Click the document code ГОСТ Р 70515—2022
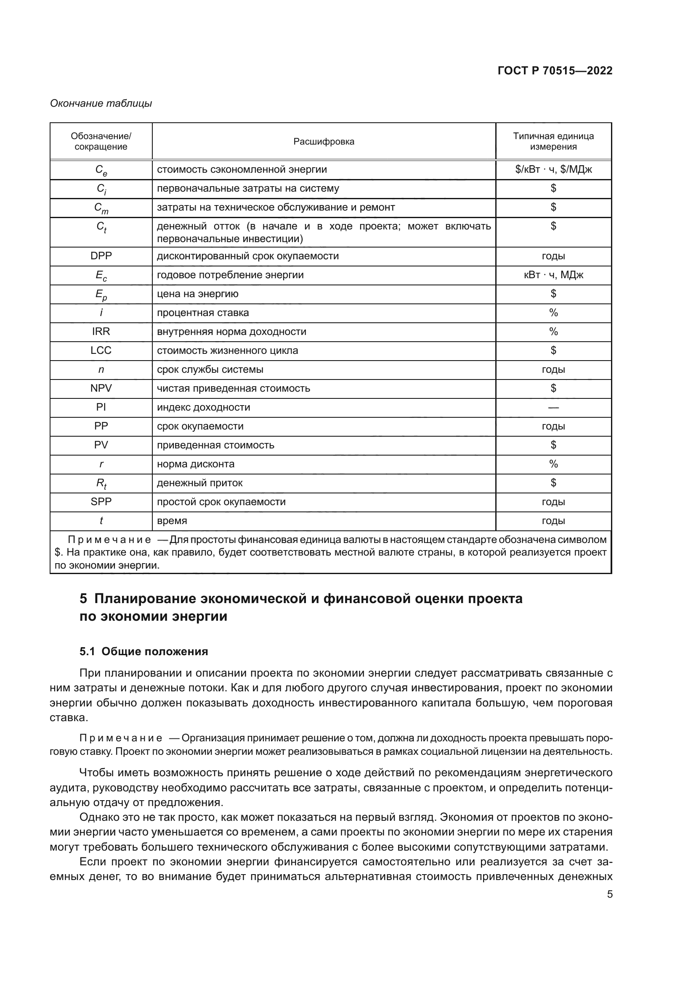coord(555,71)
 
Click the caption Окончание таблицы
coord(101,104)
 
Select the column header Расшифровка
coord(324,142)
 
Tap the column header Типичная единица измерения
coord(553,141)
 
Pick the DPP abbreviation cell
coord(101,256)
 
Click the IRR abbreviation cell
coord(101,332)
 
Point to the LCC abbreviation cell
coord(101,351)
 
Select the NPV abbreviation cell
coord(101,388)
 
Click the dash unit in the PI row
coord(553,408)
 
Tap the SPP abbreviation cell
coord(101,502)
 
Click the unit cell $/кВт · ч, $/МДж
coord(553,169)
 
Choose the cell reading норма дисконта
coord(195,464)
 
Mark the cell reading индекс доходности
coord(203,408)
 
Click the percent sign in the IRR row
coord(553,332)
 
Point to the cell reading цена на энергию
coord(198,294)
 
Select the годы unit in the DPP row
coord(553,256)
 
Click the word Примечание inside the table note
coord(109,540)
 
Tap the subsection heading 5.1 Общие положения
coord(143,652)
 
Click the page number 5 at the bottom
coord(609,894)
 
